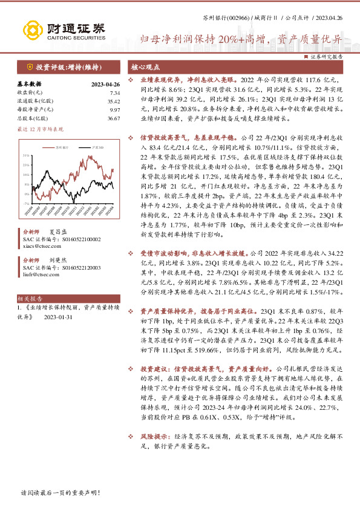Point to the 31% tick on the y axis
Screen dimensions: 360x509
27,156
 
